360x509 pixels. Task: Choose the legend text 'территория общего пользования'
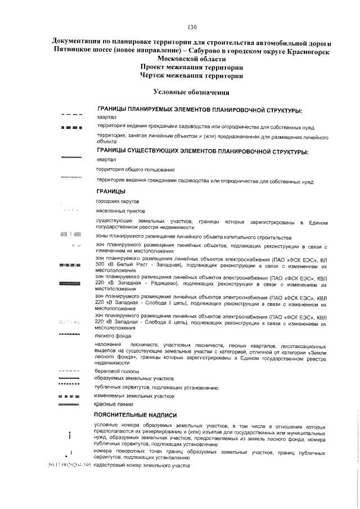135,169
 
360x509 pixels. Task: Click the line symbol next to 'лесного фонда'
70,334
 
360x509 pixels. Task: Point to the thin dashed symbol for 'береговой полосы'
70,372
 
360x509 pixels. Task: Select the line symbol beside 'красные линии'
70,404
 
